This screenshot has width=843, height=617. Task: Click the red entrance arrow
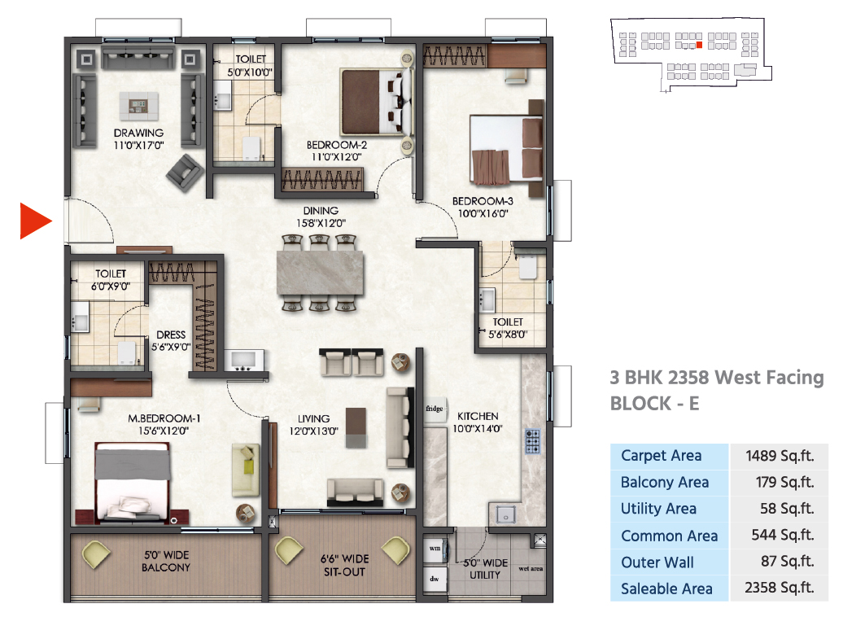coord(33,221)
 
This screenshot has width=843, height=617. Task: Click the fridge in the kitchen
coord(435,409)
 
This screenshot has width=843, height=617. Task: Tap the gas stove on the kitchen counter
coord(532,441)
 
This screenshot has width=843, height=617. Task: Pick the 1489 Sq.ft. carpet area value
coord(779,456)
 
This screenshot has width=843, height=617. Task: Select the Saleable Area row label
coord(666,589)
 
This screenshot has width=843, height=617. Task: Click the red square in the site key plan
coord(699,46)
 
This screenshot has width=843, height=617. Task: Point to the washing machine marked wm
coord(435,548)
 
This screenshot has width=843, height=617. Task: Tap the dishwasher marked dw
coord(435,579)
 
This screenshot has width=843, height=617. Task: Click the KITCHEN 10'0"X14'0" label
coord(478,422)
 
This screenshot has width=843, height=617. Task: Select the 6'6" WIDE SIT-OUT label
coord(345,566)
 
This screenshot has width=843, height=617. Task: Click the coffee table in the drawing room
coord(138,105)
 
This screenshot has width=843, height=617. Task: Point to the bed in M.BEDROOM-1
coord(133,482)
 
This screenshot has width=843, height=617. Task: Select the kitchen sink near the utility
coord(505,514)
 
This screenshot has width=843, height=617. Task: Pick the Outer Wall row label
coord(657,562)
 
